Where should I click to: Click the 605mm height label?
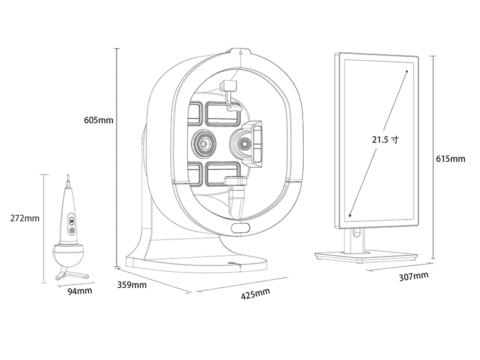(x=98, y=119)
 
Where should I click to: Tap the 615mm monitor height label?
(x=450, y=159)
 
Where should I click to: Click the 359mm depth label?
(x=131, y=284)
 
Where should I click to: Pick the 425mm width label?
(x=255, y=294)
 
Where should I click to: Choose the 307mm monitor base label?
(x=414, y=276)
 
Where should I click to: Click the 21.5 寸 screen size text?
(x=385, y=139)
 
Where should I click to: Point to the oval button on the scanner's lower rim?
(x=241, y=227)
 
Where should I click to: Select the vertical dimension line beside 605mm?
(x=115, y=158)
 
